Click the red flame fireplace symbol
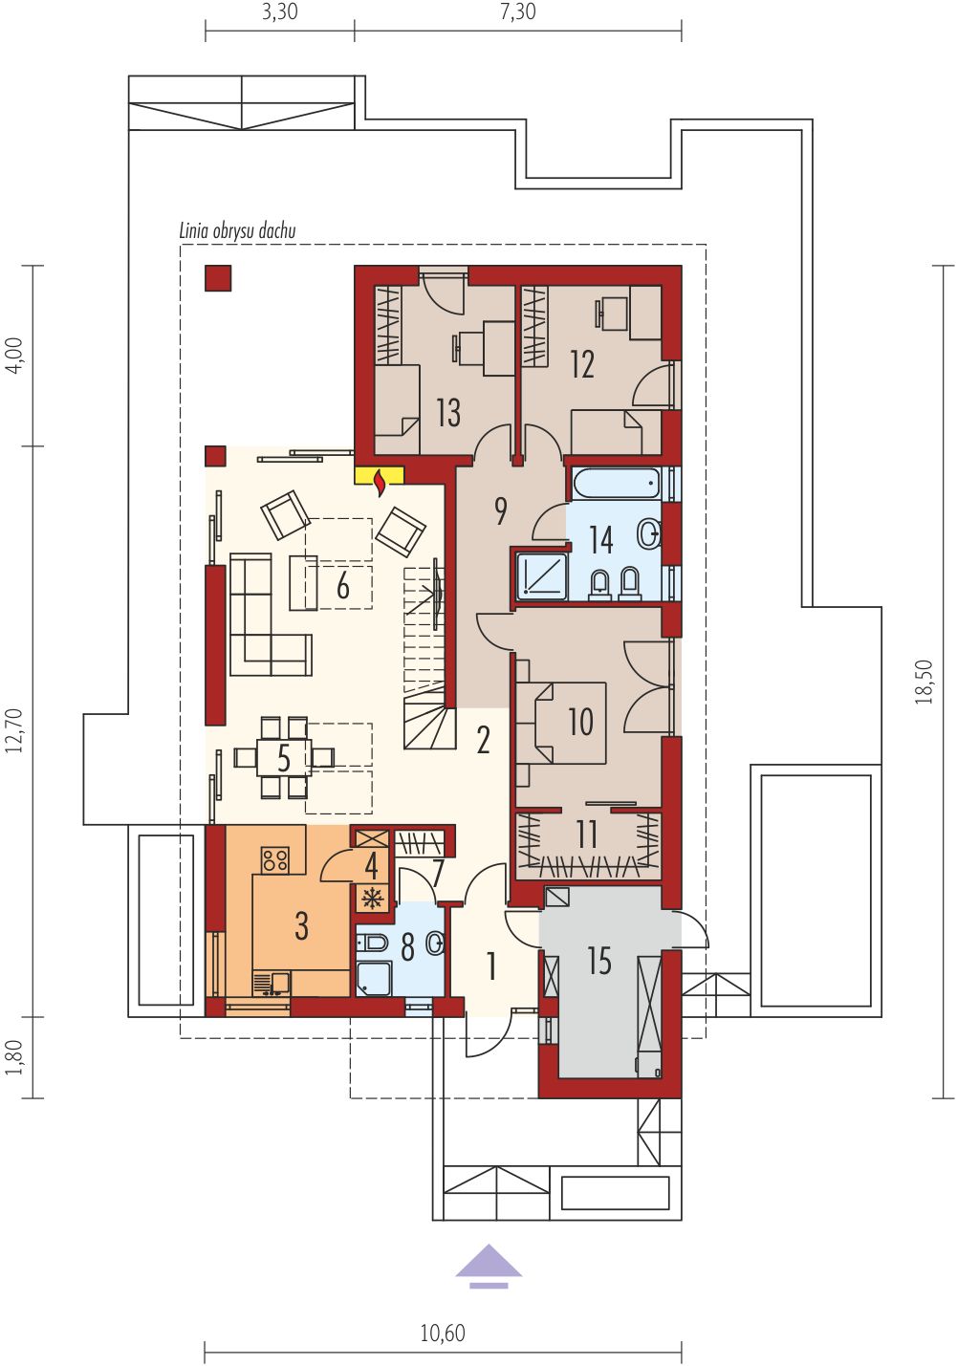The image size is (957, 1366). coord(380,483)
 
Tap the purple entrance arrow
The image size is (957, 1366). coord(489,1268)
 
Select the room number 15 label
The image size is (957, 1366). coord(599,962)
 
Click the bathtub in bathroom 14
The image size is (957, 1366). coord(616,485)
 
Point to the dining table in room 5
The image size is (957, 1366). coord(284,757)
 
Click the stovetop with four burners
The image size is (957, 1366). coord(275,860)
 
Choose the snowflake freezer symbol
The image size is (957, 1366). coord(372,899)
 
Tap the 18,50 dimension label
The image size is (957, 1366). coord(924,682)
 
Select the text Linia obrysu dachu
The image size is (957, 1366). coord(237,231)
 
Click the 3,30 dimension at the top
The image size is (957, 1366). coord(280,11)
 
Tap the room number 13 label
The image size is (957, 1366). coord(448,413)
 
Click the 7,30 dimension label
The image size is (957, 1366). coord(518,11)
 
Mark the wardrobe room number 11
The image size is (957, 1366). coord(587,835)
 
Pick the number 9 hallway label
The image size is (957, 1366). coord(500,511)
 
